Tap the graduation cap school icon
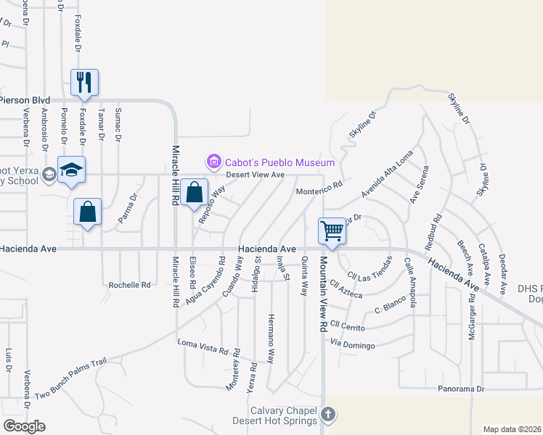[x=72, y=169]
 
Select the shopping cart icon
[x=332, y=231]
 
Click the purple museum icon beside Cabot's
[x=213, y=162]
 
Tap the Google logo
[x=24, y=426]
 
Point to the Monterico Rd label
[x=319, y=188]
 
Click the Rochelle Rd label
[x=129, y=285]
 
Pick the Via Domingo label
[x=355, y=342]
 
